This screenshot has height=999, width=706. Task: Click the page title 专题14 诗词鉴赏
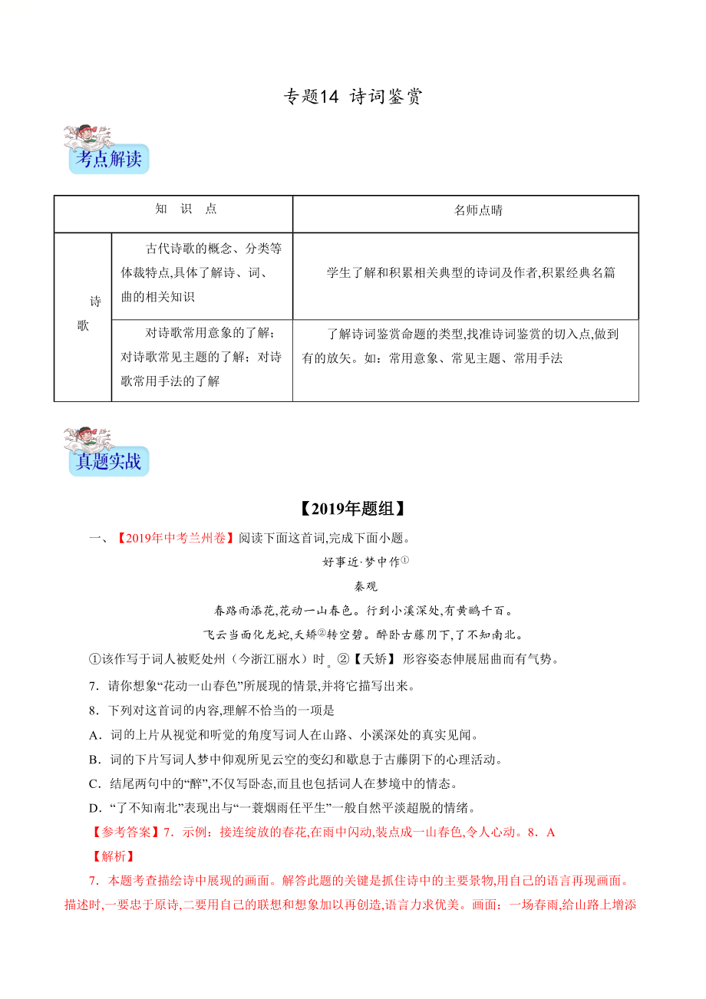353,97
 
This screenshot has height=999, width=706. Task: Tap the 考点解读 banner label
108,160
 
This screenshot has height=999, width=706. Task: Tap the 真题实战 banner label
108,462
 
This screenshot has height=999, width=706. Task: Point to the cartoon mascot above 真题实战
88,439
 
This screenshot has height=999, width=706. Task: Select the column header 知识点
186,209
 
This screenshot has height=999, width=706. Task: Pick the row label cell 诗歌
84,313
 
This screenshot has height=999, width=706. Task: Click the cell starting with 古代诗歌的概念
201,272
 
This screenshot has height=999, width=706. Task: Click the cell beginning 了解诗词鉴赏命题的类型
464,346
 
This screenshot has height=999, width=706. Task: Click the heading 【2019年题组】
352,509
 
